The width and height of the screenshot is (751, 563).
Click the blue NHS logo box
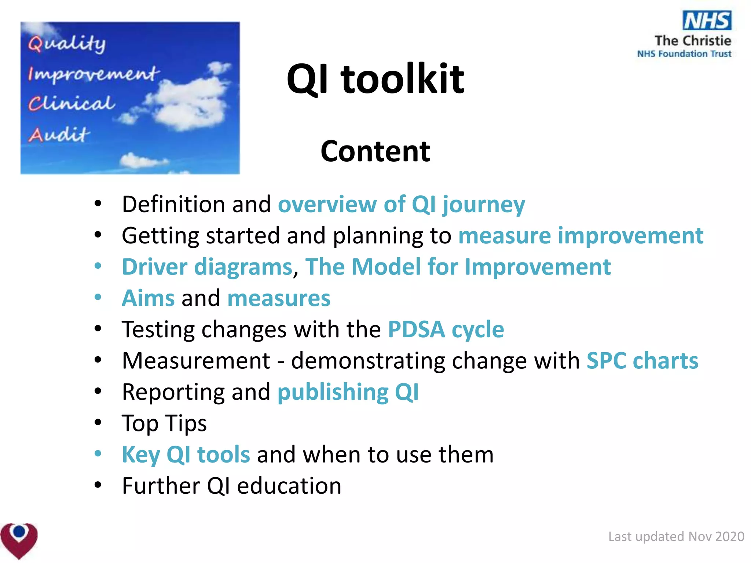pos(707,20)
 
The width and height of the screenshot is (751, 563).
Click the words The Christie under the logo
pos(693,40)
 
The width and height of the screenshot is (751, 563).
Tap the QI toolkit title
pos(375,79)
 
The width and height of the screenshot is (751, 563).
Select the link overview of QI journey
pos(401,204)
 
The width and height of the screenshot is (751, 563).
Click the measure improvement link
pos(580,235)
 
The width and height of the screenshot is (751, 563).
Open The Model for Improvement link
pos(458,266)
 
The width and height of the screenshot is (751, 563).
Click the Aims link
pos(148,298)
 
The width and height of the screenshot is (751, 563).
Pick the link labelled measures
pos(279,298)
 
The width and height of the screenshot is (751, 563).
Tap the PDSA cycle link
pos(446,329)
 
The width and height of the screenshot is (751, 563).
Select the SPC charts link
pos(642,361)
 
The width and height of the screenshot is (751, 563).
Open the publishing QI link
pos(348,392)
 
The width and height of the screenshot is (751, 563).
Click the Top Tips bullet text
pos(164,423)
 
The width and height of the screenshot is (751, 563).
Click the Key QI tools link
pos(186,455)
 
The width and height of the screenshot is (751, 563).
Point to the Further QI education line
pos(231,486)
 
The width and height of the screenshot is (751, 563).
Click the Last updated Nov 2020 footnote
pos(676,536)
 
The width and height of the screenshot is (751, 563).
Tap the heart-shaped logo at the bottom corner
pos(19,540)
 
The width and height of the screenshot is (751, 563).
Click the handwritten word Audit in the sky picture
pos(59,135)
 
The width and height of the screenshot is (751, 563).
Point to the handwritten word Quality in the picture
pos(67,44)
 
